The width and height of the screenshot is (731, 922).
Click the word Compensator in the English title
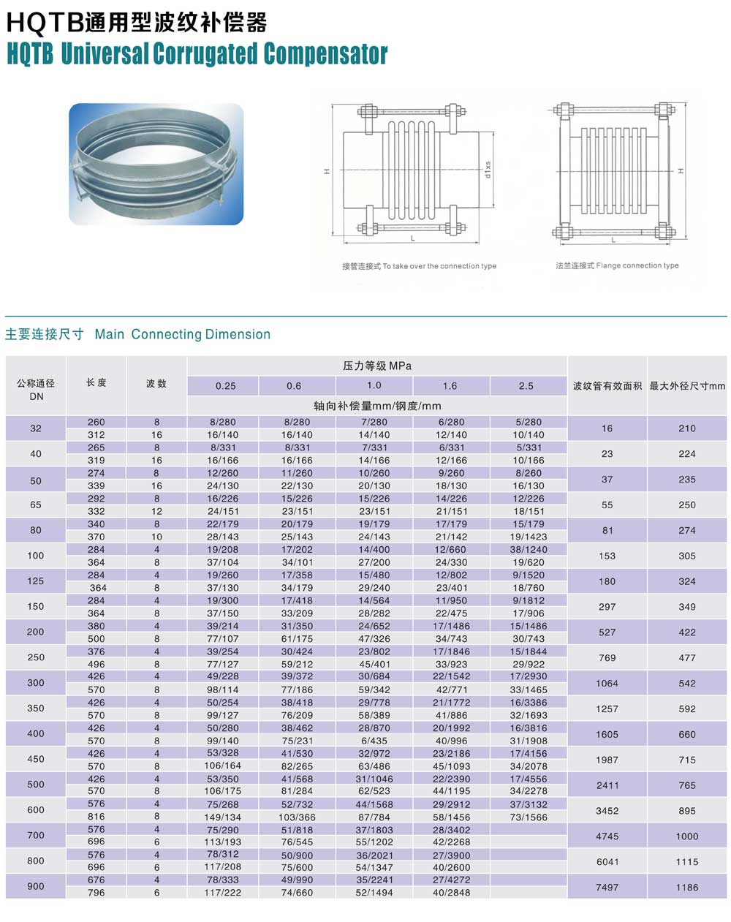click(x=325, y=53)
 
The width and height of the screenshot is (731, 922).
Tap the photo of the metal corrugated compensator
click(x=156, y=164)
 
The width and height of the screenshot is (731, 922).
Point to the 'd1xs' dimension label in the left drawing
click(x=488, y=170)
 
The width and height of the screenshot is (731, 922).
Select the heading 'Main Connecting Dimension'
click(x=183, y=334)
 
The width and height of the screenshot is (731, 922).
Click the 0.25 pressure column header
click(x=225, y=386)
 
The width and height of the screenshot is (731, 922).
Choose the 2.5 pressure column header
click(x=526, y=386)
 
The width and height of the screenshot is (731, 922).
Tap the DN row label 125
click(x=35, y=581)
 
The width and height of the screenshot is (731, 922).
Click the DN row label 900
click(x=35, y=886)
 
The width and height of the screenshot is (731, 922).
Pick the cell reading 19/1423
click(x=529, y=537)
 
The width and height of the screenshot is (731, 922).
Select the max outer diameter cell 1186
click(x=687, y=887)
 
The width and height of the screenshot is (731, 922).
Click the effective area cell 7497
click(x=607, y=887)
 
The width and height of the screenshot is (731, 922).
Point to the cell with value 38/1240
click(x=529, y=549)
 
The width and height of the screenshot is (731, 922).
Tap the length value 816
click(x=96, y=817)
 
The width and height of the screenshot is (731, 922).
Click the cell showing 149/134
click(x=224, y=817)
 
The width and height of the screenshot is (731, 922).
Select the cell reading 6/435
click(x=374, y=741)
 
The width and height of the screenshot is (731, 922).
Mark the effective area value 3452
click(x=607, y=811)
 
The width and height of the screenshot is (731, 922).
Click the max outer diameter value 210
click(x=687, y=428)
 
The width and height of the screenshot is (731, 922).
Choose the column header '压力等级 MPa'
click(x=377, y=366)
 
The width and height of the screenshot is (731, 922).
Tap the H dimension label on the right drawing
click(x=681, y=170)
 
